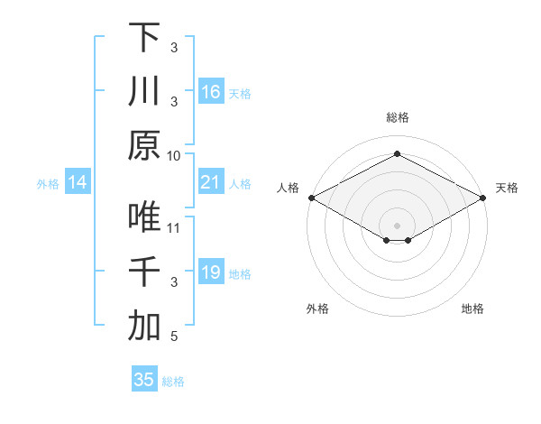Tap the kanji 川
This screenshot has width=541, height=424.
[x=144, y=92]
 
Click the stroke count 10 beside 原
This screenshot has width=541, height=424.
[x=174, y=155]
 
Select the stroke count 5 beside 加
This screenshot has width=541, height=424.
[x=174, y=337]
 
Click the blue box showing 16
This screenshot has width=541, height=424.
[x=210, y=91]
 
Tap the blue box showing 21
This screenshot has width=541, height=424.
[x=210, y=182]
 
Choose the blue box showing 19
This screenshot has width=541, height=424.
[x=210, y=272]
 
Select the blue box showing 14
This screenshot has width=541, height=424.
[x=78, y=183]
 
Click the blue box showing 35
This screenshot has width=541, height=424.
[x=144, y=379]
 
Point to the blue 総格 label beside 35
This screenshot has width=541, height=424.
[x=174, y=382]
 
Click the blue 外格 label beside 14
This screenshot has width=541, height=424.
[x=48, y=184]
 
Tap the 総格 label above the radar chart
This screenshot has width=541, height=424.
[x=398, y=117]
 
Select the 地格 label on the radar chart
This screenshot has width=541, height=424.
[x=472, y=309]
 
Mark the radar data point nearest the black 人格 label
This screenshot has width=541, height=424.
[x=311, y=198]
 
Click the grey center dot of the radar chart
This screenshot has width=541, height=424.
[x=398, y=225]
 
